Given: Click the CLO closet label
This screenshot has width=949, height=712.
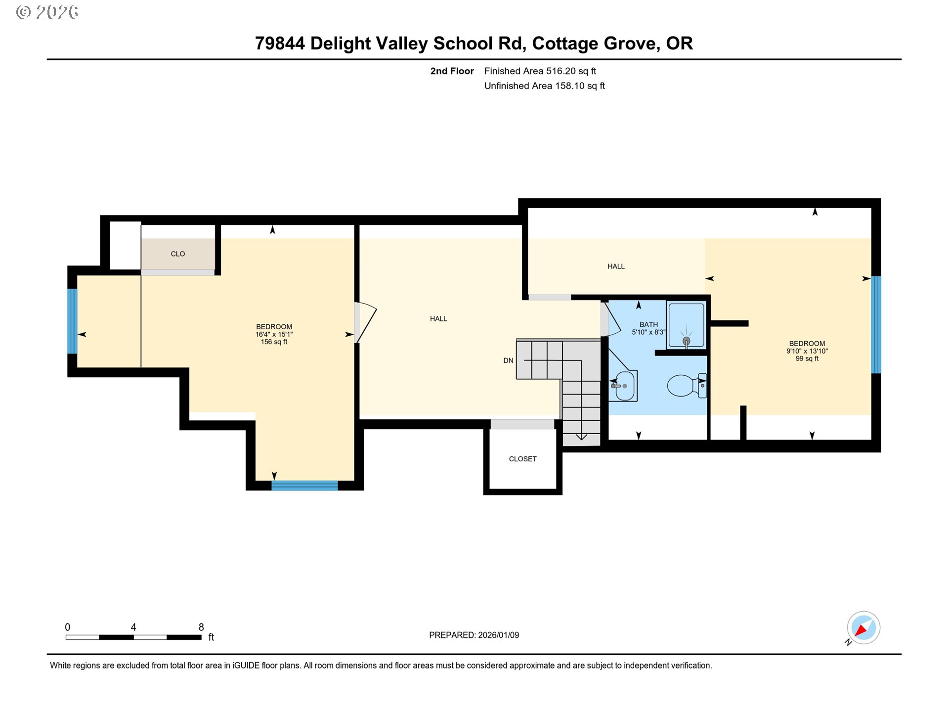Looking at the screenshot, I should point(177,254).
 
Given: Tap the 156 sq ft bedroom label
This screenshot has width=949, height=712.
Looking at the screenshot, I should point(274,334).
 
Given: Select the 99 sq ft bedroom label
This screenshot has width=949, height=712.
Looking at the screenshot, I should point(807,351).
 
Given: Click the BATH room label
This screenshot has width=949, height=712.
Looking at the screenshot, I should point(648,325).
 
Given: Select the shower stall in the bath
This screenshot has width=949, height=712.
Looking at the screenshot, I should point(686,324).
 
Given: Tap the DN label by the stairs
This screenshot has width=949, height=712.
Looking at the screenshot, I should point(508,360).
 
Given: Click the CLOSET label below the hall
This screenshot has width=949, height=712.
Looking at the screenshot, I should point(522,459).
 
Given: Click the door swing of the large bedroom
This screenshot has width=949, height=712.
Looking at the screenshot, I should point(366,322).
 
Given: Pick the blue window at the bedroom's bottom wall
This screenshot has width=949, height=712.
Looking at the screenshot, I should point(304,485).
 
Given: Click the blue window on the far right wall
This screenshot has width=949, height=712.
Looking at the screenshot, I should point(875,324).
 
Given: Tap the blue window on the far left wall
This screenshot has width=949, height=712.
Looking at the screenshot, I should point(72,321).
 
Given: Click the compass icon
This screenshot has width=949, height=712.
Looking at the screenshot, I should point(863,628).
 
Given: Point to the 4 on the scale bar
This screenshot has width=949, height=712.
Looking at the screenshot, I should point(133,627).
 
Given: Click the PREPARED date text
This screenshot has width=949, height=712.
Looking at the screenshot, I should point(474,635).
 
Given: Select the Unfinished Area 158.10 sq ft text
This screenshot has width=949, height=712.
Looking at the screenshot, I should point(544,86).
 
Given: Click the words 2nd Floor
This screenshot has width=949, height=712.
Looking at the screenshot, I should point(452,71).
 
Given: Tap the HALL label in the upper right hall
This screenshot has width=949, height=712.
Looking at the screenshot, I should point(616,267).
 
